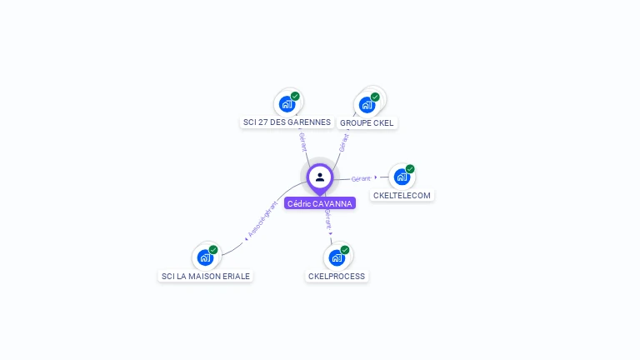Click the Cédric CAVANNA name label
(320, 203)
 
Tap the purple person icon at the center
(320, 177)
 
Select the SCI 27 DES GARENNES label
(287, 122)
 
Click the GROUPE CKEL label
(367, 123)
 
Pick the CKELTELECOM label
(402, 196)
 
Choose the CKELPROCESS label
(337, 276)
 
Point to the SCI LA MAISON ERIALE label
(205, 276)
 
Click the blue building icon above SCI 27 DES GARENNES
(287, 104)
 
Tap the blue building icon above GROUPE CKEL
(366, 105)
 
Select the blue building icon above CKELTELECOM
(402, 177)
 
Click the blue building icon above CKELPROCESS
(336, 257)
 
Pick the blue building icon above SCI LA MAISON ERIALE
(205, 257)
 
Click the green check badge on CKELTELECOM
(410, 168)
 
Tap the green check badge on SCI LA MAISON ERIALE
(213, 249)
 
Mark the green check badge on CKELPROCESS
(345, 249)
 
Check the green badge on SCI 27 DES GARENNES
(295, 96)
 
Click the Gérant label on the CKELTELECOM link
(361, 178)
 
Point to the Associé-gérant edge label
(262, 220)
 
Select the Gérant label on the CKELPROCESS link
(328, 221)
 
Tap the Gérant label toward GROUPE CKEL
(342, 141)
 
